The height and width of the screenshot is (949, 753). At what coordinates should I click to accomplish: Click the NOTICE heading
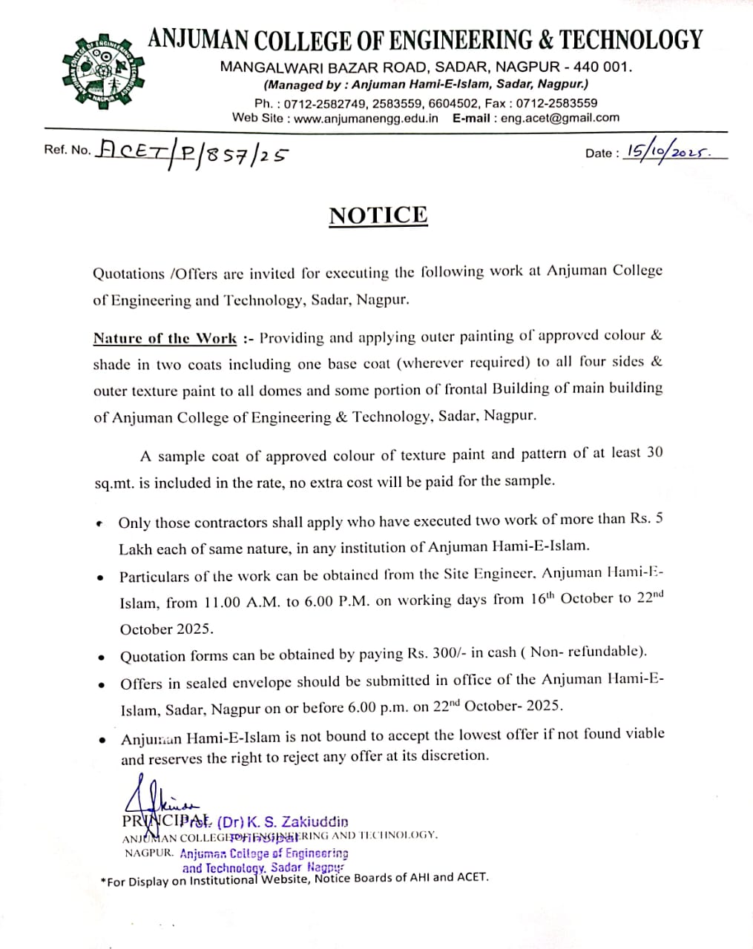point(378,215)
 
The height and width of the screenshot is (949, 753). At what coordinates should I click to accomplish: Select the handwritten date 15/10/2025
point(668,151)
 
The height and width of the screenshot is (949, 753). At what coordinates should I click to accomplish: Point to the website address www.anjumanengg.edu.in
point(366,118)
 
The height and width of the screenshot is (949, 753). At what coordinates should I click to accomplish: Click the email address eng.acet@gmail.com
point(559,118)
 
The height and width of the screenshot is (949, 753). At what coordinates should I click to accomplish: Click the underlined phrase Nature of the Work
point(165,339)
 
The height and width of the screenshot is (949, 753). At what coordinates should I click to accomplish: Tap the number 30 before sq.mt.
point(654,452)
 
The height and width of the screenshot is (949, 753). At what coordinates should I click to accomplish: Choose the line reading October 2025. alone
point(166,629)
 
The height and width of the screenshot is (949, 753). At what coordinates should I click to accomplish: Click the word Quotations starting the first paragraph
point(128,274)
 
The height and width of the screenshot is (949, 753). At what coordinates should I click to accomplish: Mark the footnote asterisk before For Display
point(103,881)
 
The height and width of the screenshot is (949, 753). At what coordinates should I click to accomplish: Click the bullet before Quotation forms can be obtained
point(102,658)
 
